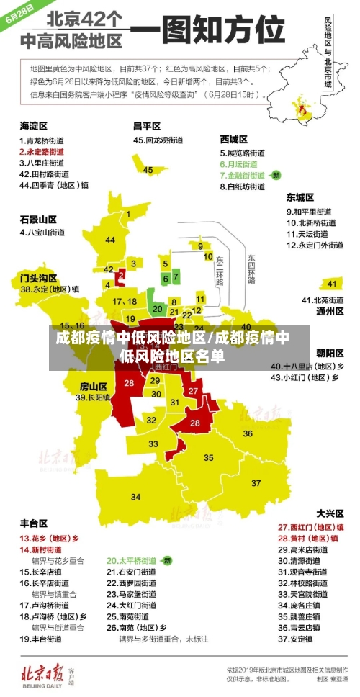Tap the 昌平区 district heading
[x=147, y=125]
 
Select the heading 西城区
[x=233, y=139]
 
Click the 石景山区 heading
[x=39, y=219]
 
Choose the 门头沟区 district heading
[x=39, y=276]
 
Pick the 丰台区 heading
[x=34, y=523]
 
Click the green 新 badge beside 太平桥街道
[x=166, y=559]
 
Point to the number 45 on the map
[x=148, y=170]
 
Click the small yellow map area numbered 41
[x=331, y=283]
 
